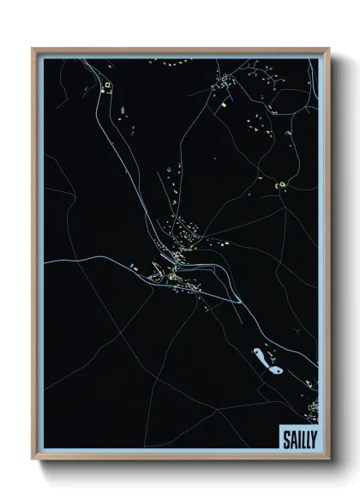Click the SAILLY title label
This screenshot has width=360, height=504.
pyautogui.click(x=297, y=439)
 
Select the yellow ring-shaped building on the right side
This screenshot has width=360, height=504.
pyautogui.click(x=280, y=183)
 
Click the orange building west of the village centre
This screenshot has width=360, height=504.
pyautogui.click(x=133, y=268)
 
